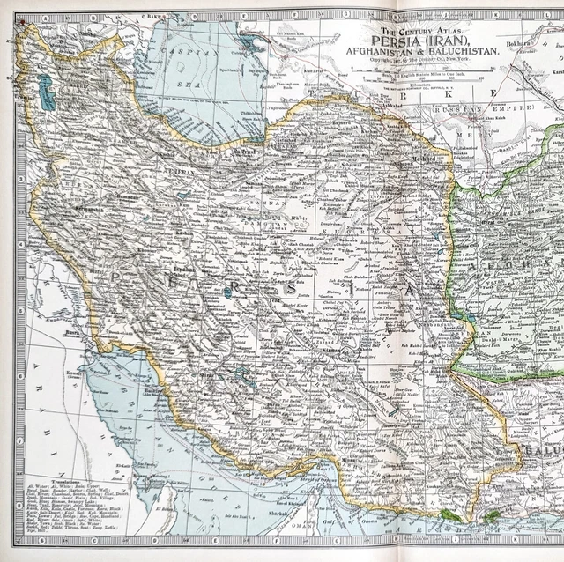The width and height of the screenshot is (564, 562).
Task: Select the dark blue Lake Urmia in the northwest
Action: point(46,92)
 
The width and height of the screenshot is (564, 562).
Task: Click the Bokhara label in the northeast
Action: point(520,41)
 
